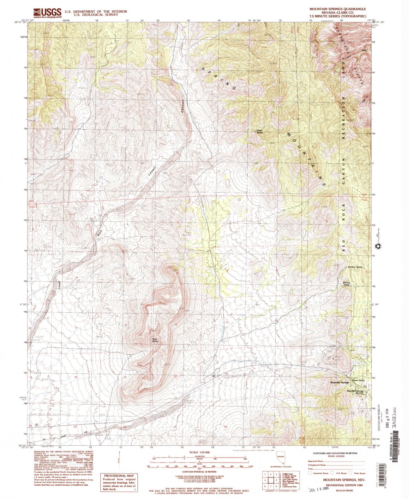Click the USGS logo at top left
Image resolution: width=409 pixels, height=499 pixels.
47,13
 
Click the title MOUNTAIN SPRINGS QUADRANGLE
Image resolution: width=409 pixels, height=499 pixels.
338,9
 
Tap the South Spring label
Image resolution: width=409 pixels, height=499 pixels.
259,132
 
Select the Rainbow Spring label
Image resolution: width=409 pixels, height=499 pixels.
355,267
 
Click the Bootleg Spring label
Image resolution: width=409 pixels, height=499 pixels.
347,283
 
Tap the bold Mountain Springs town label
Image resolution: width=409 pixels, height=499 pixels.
339,383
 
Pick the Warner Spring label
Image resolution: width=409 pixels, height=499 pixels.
358,380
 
